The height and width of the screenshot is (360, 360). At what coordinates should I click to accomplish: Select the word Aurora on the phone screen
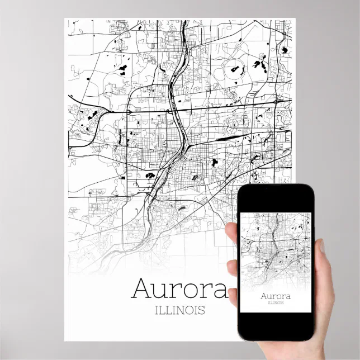click(274, 295)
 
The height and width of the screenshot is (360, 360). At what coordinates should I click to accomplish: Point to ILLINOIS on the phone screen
click(274, 303)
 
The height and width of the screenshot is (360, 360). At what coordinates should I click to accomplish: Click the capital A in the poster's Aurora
click(142, 288)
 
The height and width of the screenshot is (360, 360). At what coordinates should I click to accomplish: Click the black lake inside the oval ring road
click(234, 70)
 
